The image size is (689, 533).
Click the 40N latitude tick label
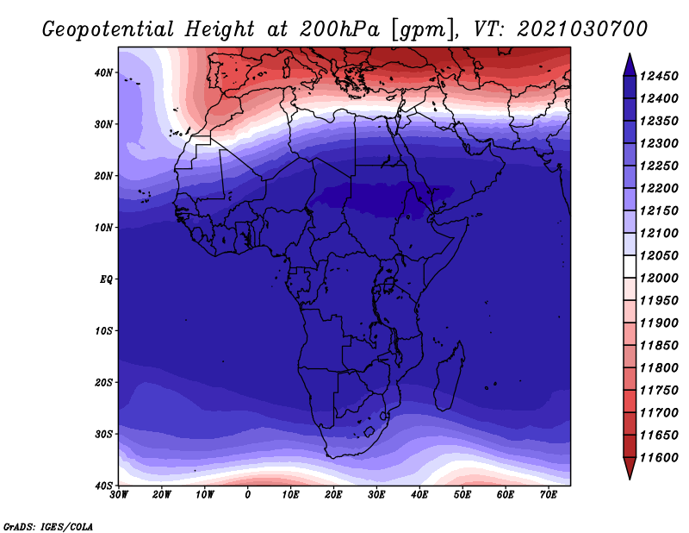click(103, 72)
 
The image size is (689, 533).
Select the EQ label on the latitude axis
click(106, 279)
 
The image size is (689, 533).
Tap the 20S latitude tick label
click(103, 382)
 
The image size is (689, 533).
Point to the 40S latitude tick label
click(103, 486)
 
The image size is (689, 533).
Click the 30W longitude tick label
click(119, 495)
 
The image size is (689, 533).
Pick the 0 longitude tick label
click(248, 495)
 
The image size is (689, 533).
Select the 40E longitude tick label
click(419, 495)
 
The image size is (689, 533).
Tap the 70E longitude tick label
click(549, 495)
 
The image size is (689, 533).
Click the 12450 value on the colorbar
click(659, 76)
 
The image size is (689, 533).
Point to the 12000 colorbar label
click(659, 279)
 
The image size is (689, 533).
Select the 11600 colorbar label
click(659, 458)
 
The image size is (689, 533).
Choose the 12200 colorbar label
click(659, 188)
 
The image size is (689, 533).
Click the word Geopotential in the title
click(109, 30)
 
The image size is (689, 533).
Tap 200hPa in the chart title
click(339, 29)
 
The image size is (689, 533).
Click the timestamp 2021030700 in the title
click(582, 29)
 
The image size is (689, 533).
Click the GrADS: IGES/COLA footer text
click(48, 527)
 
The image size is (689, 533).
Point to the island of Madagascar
click(450, 376)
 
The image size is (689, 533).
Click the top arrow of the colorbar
click(630, 66)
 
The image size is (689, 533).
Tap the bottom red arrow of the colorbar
click(630, 467)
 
